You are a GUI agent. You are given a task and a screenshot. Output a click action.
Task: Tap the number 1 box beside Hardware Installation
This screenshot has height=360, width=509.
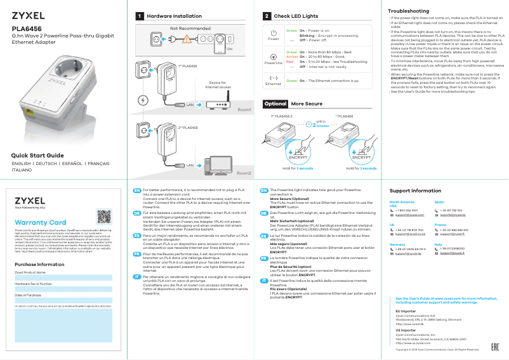click(x=140, y=16)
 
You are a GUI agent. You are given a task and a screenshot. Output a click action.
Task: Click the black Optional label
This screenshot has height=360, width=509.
click(x=275, y=103)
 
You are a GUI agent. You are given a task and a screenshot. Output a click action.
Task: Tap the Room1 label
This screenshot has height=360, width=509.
click(x=244, y=110)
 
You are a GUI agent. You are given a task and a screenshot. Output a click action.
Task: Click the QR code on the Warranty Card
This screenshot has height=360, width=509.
click(x=104, y=215)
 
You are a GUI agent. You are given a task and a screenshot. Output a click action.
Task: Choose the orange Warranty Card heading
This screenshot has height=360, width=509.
click(x=40, y=222)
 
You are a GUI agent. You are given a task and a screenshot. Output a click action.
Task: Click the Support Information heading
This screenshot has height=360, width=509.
click(x=415, y=191)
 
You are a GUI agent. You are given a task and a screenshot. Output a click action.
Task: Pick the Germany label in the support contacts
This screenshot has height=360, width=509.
click(x=398, y=244)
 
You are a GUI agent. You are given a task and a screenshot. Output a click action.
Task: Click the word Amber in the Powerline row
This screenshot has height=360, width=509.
click(x=292, y=56)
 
